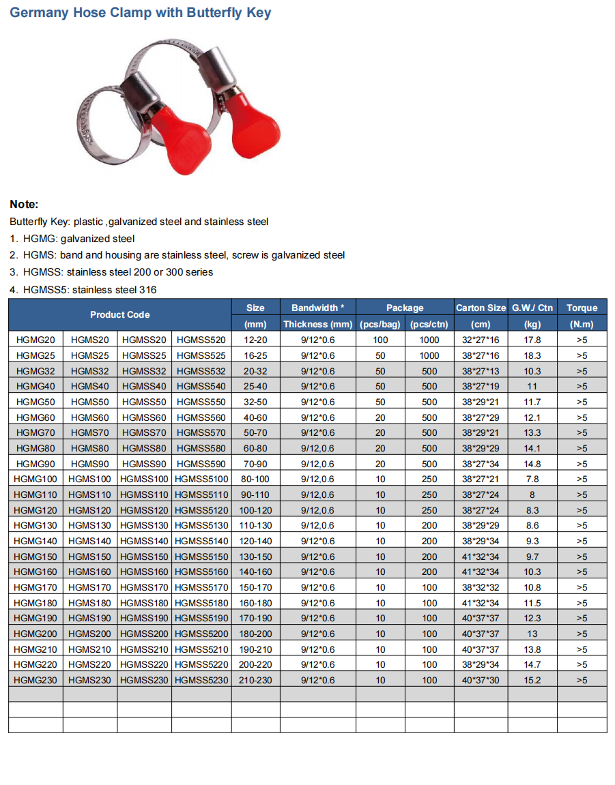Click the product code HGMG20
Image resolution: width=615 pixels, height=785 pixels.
(35, 340)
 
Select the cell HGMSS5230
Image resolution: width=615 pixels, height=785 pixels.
(201, 680)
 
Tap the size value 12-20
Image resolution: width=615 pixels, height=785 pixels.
(255, 340)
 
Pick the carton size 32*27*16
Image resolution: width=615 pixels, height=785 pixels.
(481, 340)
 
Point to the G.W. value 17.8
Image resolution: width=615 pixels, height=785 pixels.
(532, 340)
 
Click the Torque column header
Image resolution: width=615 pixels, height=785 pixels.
(582, 308)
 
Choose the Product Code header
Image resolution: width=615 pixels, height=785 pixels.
(119, 314)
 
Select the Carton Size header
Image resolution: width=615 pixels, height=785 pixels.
(481, 308)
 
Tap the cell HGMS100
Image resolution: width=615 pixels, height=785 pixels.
(90, 479)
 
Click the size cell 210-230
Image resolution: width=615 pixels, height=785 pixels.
(255, 680)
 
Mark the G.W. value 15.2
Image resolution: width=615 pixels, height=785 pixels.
(532, 680)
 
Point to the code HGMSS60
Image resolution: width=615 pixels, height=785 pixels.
(144, 417)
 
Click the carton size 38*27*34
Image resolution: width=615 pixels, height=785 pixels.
(481, 464)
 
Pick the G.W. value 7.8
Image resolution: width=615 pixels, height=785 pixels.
(532, 479)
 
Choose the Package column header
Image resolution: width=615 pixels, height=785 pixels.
(405, 308)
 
